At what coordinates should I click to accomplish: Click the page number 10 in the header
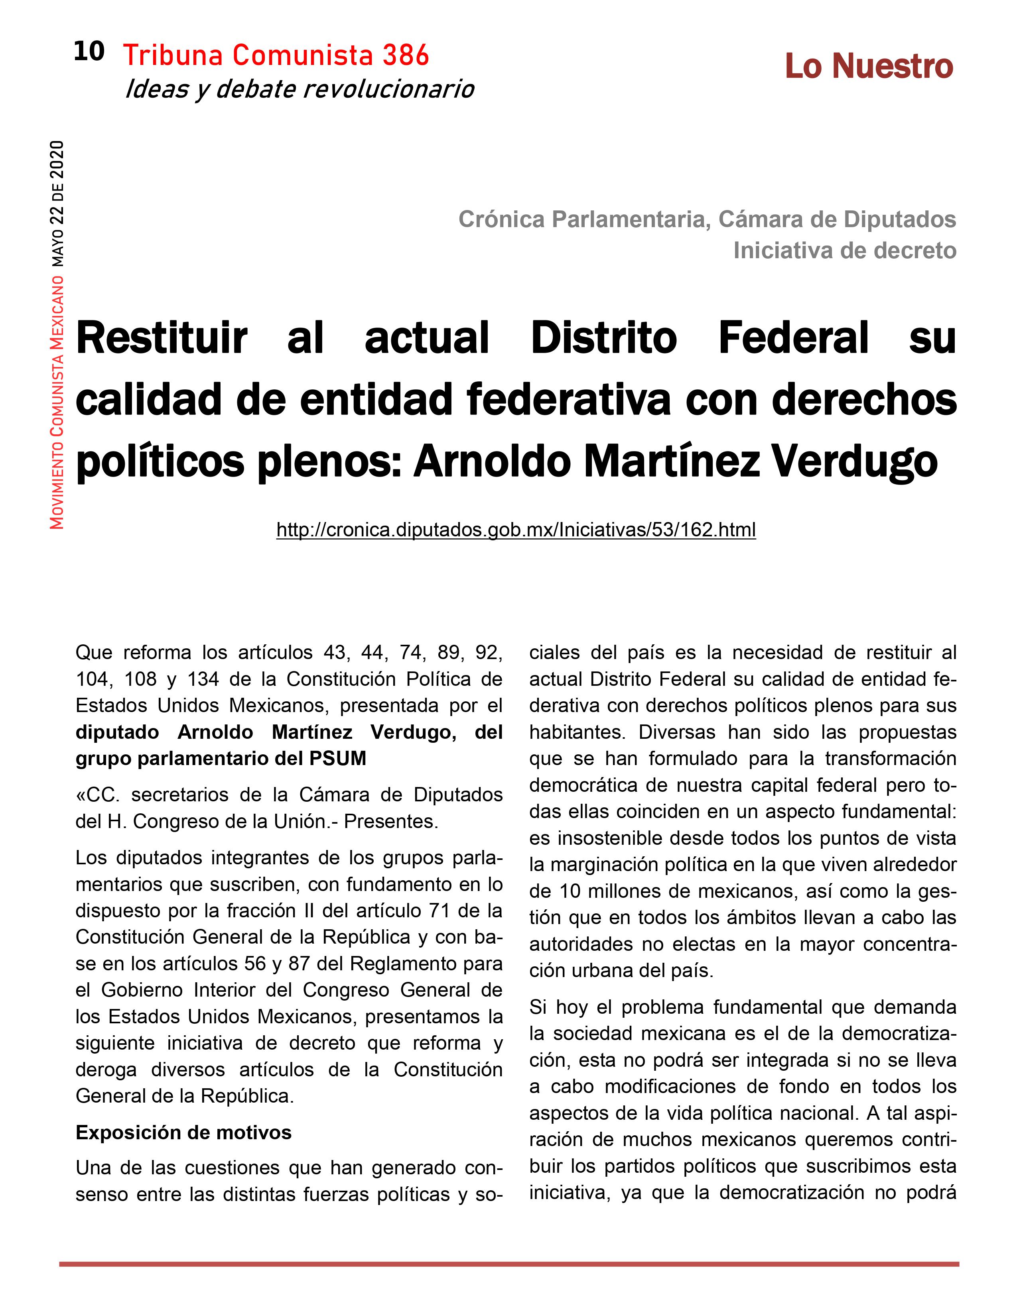89,52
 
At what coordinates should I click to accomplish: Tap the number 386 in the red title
406,56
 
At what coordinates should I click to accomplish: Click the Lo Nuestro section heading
868,66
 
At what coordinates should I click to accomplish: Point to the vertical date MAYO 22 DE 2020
57,204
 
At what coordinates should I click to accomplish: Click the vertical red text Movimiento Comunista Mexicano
57,402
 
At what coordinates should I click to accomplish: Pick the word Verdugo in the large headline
855,462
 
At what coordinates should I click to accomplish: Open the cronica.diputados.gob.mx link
516,530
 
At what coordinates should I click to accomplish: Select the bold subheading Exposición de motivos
183,1132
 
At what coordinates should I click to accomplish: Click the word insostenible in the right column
619,838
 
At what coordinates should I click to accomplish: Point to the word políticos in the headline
160,462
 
